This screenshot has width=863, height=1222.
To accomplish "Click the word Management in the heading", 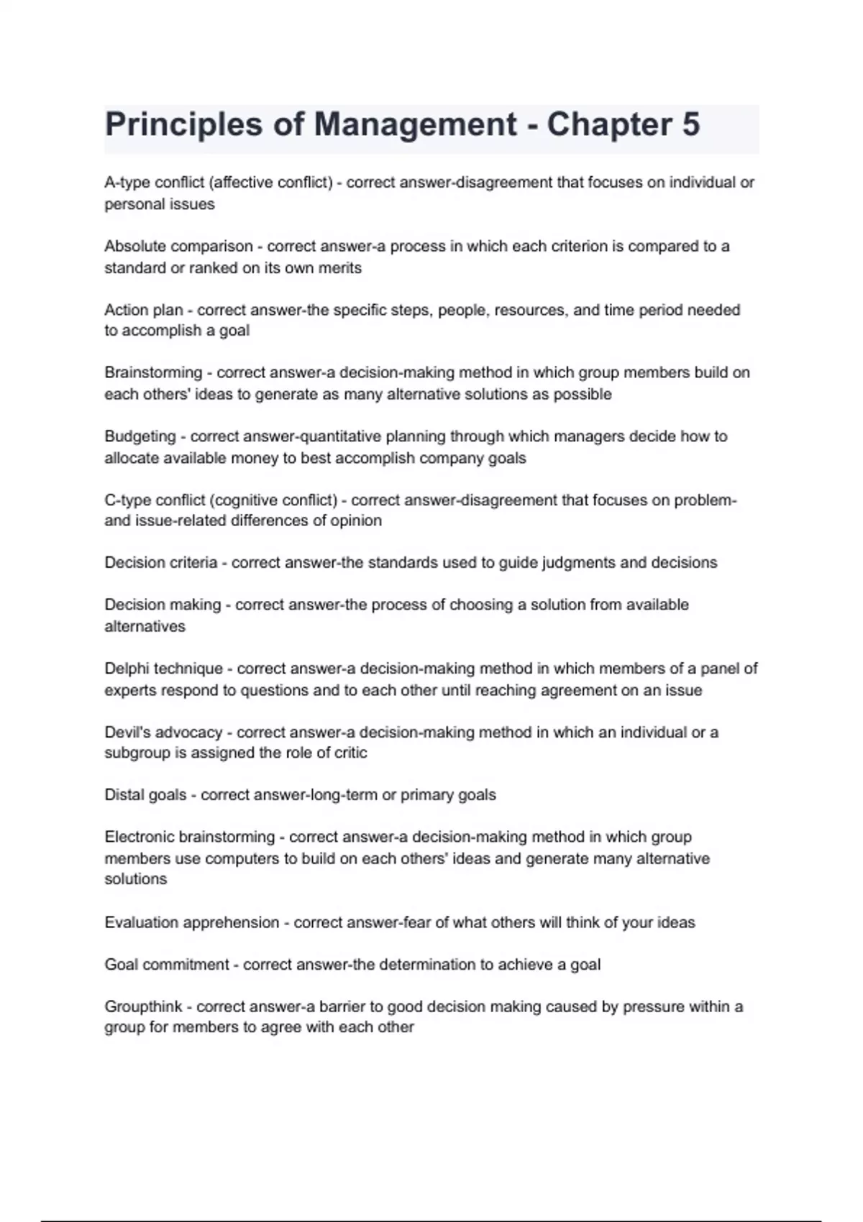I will click(x=415, y=124).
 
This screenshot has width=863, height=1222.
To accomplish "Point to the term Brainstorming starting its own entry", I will click(x=153, y=373).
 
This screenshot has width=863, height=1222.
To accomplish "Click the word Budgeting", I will click(x=140, y=436).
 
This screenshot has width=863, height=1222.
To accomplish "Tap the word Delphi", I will click(x=127, y=669).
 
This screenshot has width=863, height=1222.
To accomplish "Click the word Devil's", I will click(x=127, y=732).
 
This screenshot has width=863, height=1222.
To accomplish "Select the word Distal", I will click(x=124, y=795).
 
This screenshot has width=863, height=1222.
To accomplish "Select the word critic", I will click(x=351, y=753).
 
